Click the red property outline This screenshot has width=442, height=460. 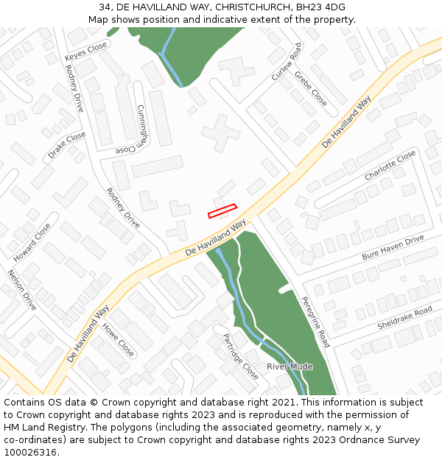tap(222, 211)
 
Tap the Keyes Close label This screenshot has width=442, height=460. tap(85, 52)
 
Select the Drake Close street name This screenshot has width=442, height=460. tap(66, 146)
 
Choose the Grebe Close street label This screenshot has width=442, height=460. tap(310, 88)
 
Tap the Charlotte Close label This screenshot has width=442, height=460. tap(390, 166)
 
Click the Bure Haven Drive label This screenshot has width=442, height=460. tap(393, 247)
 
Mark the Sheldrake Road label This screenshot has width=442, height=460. tap(404, 319)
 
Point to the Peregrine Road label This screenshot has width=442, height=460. tap(315, 322)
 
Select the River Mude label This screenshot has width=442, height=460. tap(290, 367)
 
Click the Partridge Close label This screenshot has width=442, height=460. tap(240, 355)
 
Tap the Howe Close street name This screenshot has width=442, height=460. tap(118, 339)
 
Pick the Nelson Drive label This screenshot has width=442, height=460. tap(22, 289)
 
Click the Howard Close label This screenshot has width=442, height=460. tap(32, 242)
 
